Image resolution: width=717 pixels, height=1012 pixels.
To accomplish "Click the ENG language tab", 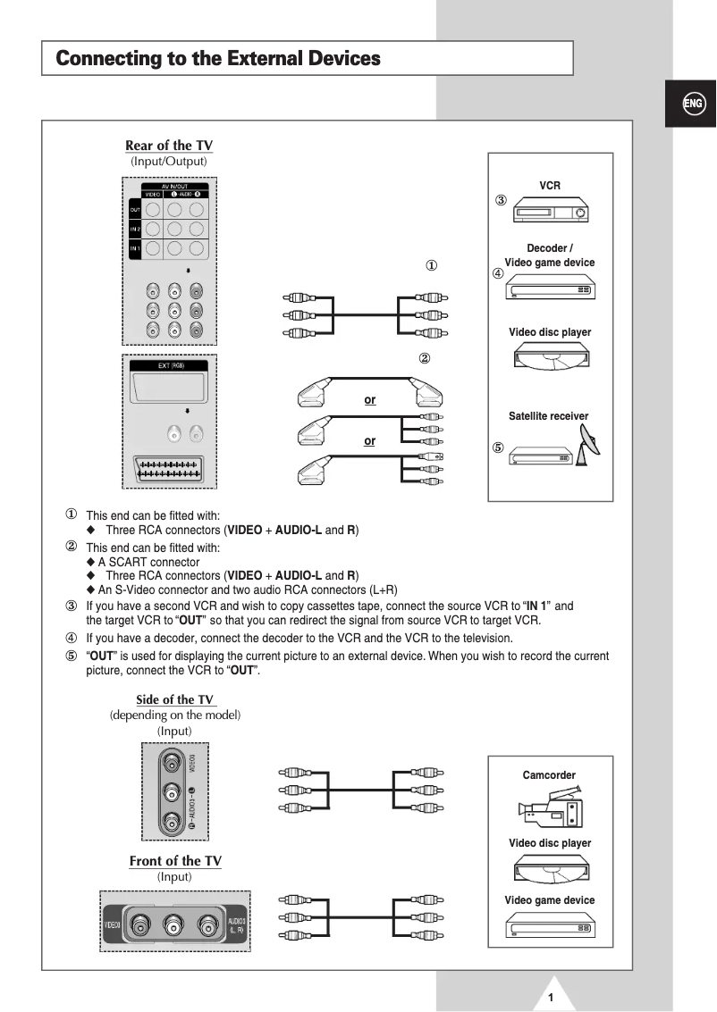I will point(693,104).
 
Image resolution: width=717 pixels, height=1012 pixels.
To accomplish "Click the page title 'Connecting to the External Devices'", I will point(218,59).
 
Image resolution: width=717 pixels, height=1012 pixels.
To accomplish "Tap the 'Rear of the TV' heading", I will point(169,146).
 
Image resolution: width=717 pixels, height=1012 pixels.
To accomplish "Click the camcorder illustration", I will point(550,808).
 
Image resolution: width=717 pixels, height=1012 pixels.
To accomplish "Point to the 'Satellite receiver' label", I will point(549,416).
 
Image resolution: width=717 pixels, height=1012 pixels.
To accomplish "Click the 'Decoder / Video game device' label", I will point(549,255).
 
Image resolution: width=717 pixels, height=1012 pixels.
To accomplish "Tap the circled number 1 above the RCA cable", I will point(431,266).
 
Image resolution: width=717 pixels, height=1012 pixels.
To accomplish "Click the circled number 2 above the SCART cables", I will point(425,359).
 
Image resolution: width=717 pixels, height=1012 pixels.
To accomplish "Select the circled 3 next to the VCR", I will point(502,200).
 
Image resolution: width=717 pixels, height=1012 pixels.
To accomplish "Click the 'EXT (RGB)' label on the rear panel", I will point(170,366).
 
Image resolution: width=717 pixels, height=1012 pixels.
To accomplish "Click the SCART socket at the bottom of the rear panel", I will point(169,470).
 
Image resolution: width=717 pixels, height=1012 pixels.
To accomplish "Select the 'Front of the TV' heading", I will point(175,861).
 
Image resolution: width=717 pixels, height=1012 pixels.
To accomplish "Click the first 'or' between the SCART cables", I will point(369,400).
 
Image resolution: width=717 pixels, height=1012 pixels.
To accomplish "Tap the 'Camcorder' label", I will point(549,775).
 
